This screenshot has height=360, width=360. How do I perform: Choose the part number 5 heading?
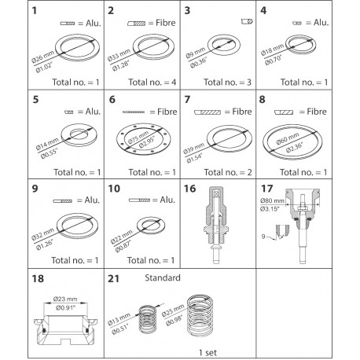pos(13,100)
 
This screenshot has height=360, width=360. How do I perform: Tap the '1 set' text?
pos(208,352)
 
